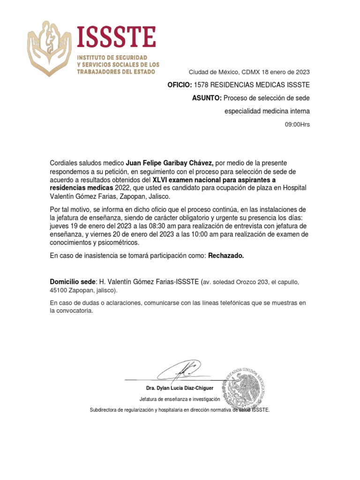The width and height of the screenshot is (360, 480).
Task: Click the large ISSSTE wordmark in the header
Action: pyautogui.click(x=116, y=37)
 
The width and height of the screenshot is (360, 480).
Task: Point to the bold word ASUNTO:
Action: pyautogui.click(x=206, y=98)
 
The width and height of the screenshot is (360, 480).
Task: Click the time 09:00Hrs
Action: pyautogui.click(x=298, y=125)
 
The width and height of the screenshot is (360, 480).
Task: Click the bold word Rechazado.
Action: pyautogui.click(x=226, y=256)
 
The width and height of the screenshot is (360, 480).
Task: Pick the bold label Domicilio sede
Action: pyautogui.click(x=73, y=282)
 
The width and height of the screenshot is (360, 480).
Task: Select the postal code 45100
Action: pyautogui.click(x=59, y=290)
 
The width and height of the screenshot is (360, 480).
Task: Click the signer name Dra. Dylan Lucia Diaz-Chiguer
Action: pyautogui.click(x=180, y=389)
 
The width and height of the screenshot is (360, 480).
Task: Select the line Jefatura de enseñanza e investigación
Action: pyautogui.click(x=180, y=399)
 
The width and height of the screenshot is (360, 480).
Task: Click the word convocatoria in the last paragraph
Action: pyautogui.click(x=70, y=311)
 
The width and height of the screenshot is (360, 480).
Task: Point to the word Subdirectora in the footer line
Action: pyautogui.click(x=104, y=410)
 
